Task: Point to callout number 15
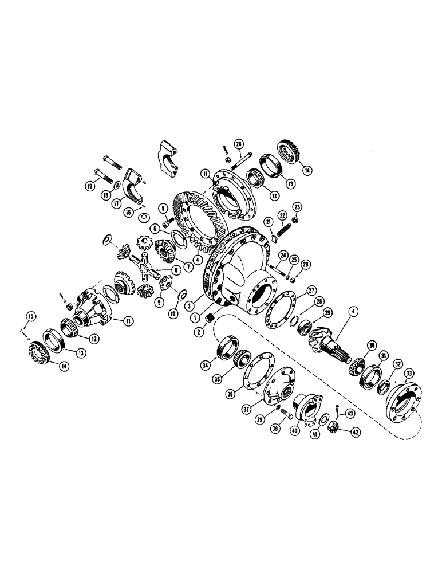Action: click(29, 315)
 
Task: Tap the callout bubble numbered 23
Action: click(297, 207)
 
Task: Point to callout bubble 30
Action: click(356, 346)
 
